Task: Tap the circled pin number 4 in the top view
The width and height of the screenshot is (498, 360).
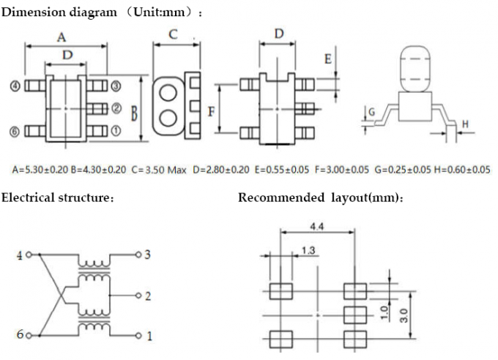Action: (14, 86)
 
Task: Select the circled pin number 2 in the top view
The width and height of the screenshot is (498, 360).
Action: (116, 109)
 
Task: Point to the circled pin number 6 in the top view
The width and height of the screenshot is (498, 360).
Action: (14, 132)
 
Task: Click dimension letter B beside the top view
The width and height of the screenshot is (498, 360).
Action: (135, 112)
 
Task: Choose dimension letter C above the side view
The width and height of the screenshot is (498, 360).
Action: (173, 34)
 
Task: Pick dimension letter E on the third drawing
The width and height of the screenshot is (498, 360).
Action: (328, 59)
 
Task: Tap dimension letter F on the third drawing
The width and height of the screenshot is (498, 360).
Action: (211, 111)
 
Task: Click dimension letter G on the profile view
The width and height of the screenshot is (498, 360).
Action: (371, 111)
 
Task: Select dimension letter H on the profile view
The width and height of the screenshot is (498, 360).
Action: (464, 125)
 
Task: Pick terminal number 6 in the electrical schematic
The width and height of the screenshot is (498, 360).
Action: (20, 335)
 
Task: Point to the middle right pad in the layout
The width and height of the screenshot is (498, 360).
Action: (354, 315)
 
